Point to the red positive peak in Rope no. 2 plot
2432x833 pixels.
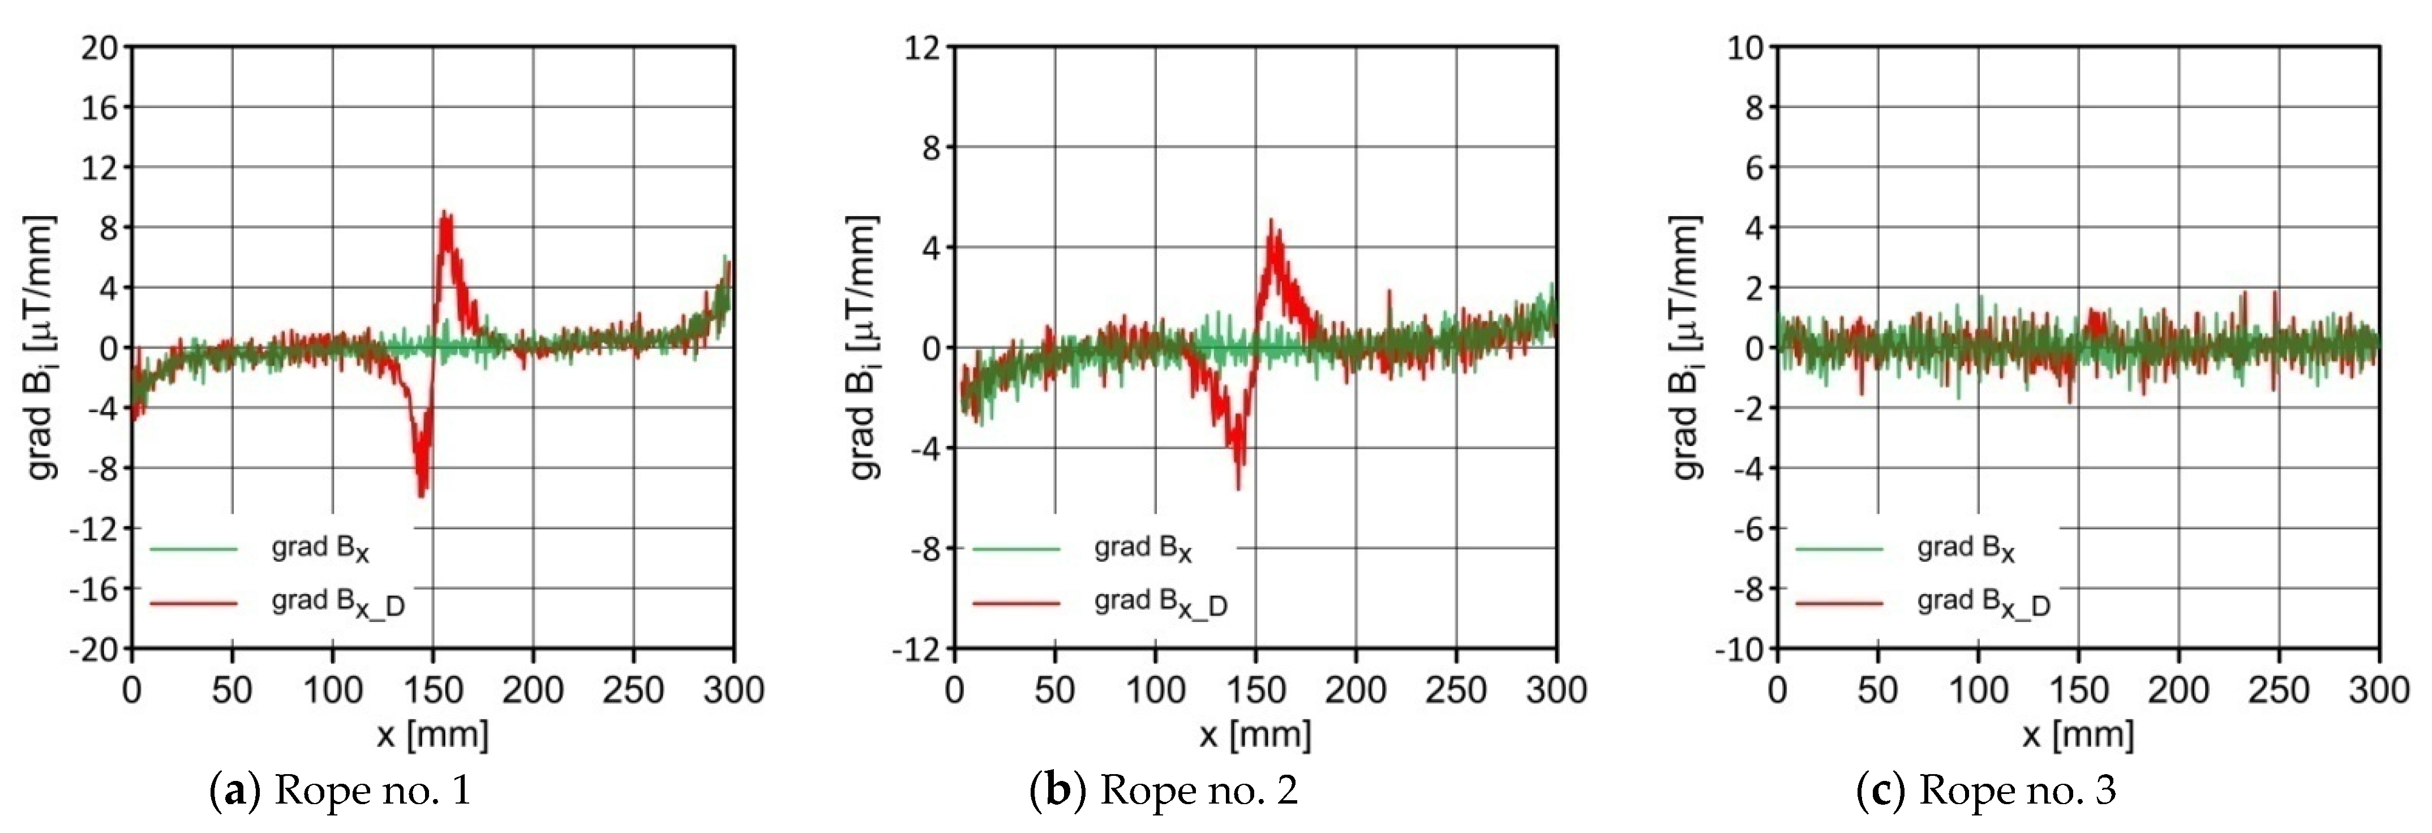(x=1271, y=223)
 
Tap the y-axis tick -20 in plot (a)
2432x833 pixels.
(x=95, y=650)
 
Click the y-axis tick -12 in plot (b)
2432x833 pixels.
(x=917, y=650)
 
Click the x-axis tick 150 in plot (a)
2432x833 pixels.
(x=432, y=690)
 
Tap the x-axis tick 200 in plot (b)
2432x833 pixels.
(x=1356, y=690)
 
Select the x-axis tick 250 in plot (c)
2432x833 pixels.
(x=2278, y=690)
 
